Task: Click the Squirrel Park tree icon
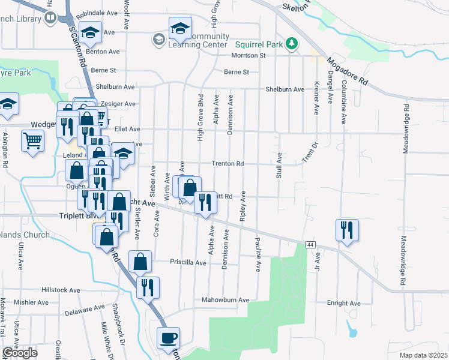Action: click(292, 43)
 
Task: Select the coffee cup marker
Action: click(168, 338)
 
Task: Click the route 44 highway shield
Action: click(310, 245)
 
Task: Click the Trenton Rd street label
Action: click(228, 163)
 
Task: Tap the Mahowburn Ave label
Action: click(225, 299)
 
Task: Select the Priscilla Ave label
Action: click(189, 262)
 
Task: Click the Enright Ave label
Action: click(343, 304)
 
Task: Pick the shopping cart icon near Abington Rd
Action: click(32, 142)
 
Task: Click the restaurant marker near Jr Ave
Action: click(347, 230)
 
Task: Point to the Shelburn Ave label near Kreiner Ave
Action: click(286, 89)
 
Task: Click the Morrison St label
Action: click(249, 56)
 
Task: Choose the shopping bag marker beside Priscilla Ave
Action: click(140, 262)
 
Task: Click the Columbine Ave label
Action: click(343, 103)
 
